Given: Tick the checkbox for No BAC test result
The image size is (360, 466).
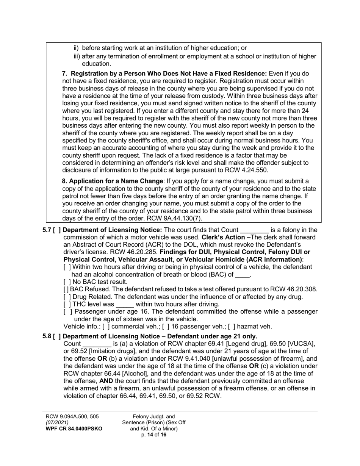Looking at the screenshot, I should (67, 282).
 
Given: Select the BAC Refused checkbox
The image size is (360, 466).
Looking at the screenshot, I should (66, 289).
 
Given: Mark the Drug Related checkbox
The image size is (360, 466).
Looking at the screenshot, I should (67, 297).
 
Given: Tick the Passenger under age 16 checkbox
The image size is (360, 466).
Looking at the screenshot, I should (67, 311).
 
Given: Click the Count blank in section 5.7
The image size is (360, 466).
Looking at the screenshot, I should (254, 230).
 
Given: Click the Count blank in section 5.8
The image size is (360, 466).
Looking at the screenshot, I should (97, 344).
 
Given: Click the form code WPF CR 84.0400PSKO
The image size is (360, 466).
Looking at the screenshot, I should (74, 428).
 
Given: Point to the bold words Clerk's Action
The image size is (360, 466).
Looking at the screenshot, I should (223, 238).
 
